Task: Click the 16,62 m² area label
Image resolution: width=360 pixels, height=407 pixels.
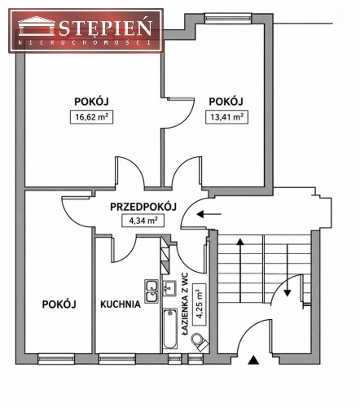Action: [91, 117]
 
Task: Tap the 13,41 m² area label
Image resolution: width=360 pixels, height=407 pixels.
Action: [226, 117]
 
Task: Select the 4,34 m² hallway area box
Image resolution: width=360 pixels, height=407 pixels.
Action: [143, 221]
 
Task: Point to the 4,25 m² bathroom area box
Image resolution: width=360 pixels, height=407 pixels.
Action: [199, 304]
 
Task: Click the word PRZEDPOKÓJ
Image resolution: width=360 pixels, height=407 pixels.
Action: [143, 207]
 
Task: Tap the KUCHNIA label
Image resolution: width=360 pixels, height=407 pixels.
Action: [121, 304]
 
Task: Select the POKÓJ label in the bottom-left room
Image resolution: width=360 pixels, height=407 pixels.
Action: [59, 304]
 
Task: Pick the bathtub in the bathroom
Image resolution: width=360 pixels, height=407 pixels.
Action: [170, 329]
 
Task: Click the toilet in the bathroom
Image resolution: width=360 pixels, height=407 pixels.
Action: [200, 342]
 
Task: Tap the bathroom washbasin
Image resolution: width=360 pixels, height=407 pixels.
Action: [169, 287]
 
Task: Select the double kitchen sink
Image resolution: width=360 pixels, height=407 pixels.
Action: [151, 291]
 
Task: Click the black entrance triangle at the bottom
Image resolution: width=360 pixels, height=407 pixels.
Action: [253, 360]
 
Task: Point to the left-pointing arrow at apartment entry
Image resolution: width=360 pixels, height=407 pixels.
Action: [209, 214]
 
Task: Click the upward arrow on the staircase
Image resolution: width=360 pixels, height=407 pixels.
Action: [240, 270]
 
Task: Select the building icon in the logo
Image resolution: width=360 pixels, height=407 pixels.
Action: [37, 26]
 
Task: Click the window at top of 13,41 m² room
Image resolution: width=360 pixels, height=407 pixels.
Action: [228, 18]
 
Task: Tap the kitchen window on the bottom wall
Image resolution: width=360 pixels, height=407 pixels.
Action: [117, 359]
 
